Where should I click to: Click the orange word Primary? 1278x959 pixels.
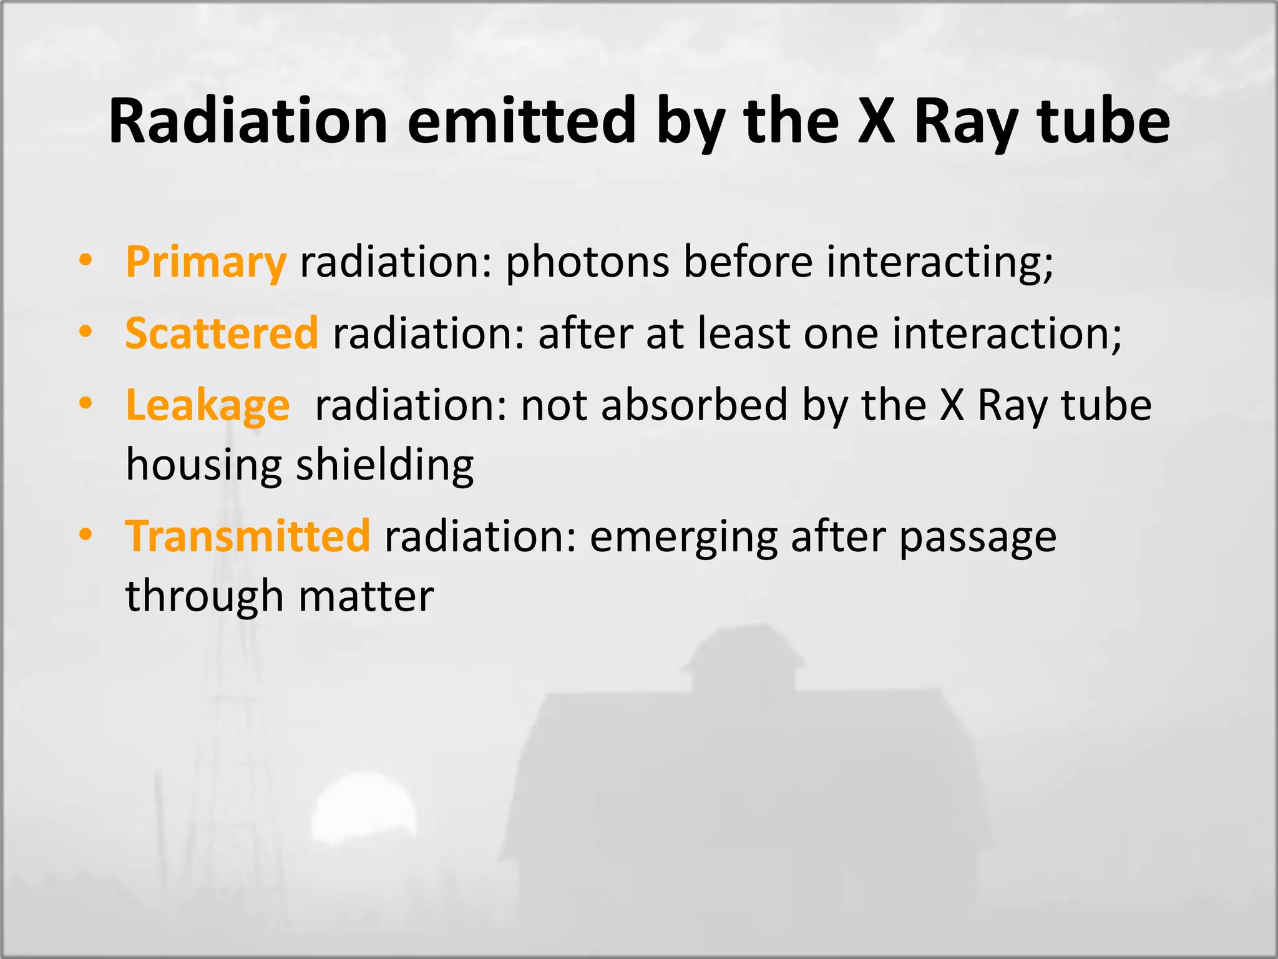coord(206,263)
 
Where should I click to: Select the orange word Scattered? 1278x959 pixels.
coord(222,333)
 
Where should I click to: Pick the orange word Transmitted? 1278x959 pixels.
coord(248,536)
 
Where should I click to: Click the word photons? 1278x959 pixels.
coord(587,262)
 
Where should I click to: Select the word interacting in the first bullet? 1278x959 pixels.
coord(939,262)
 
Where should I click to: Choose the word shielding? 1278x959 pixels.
coord(384,465)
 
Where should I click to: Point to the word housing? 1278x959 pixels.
coord(203,465)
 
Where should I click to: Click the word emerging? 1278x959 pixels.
coord(683,538)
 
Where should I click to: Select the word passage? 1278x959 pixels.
coord(977,538)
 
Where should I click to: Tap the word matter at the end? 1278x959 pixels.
coord(366,596)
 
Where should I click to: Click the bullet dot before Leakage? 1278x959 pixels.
coord(85,403)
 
